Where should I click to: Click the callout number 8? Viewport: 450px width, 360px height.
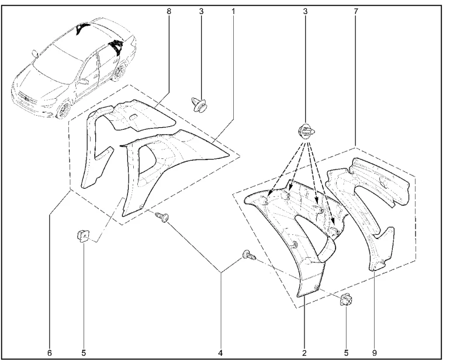tap(169, 12)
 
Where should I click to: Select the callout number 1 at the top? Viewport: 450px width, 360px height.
tap(233, 12)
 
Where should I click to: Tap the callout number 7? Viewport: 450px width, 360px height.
tap(356, 12)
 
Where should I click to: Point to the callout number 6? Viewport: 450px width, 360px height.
tap(50, 352)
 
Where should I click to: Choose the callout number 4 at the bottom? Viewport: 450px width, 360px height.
tap(221, 352)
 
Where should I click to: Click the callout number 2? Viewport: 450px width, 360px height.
tap(304, 352)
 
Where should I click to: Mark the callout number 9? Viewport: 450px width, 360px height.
tap(374, 352)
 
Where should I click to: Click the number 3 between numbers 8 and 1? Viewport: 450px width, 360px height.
tap(201, 12)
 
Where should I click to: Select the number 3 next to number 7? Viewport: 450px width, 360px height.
tap(305, 12)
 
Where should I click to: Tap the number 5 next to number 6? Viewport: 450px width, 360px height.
tap(84, 352)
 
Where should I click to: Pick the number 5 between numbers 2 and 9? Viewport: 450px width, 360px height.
tap(346, 352)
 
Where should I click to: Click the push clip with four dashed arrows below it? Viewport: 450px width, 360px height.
tap(306, 131)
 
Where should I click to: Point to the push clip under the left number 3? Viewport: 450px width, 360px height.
tap(200, 105)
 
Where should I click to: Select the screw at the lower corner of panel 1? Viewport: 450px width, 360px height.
tap(162, 217)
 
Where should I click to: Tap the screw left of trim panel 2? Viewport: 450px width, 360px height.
tap(249, 255)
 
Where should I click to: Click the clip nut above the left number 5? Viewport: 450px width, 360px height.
tap(82, 237)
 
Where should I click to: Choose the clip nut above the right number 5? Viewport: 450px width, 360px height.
tap(346, 300)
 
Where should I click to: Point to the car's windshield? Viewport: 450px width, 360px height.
tap(56, 60)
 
